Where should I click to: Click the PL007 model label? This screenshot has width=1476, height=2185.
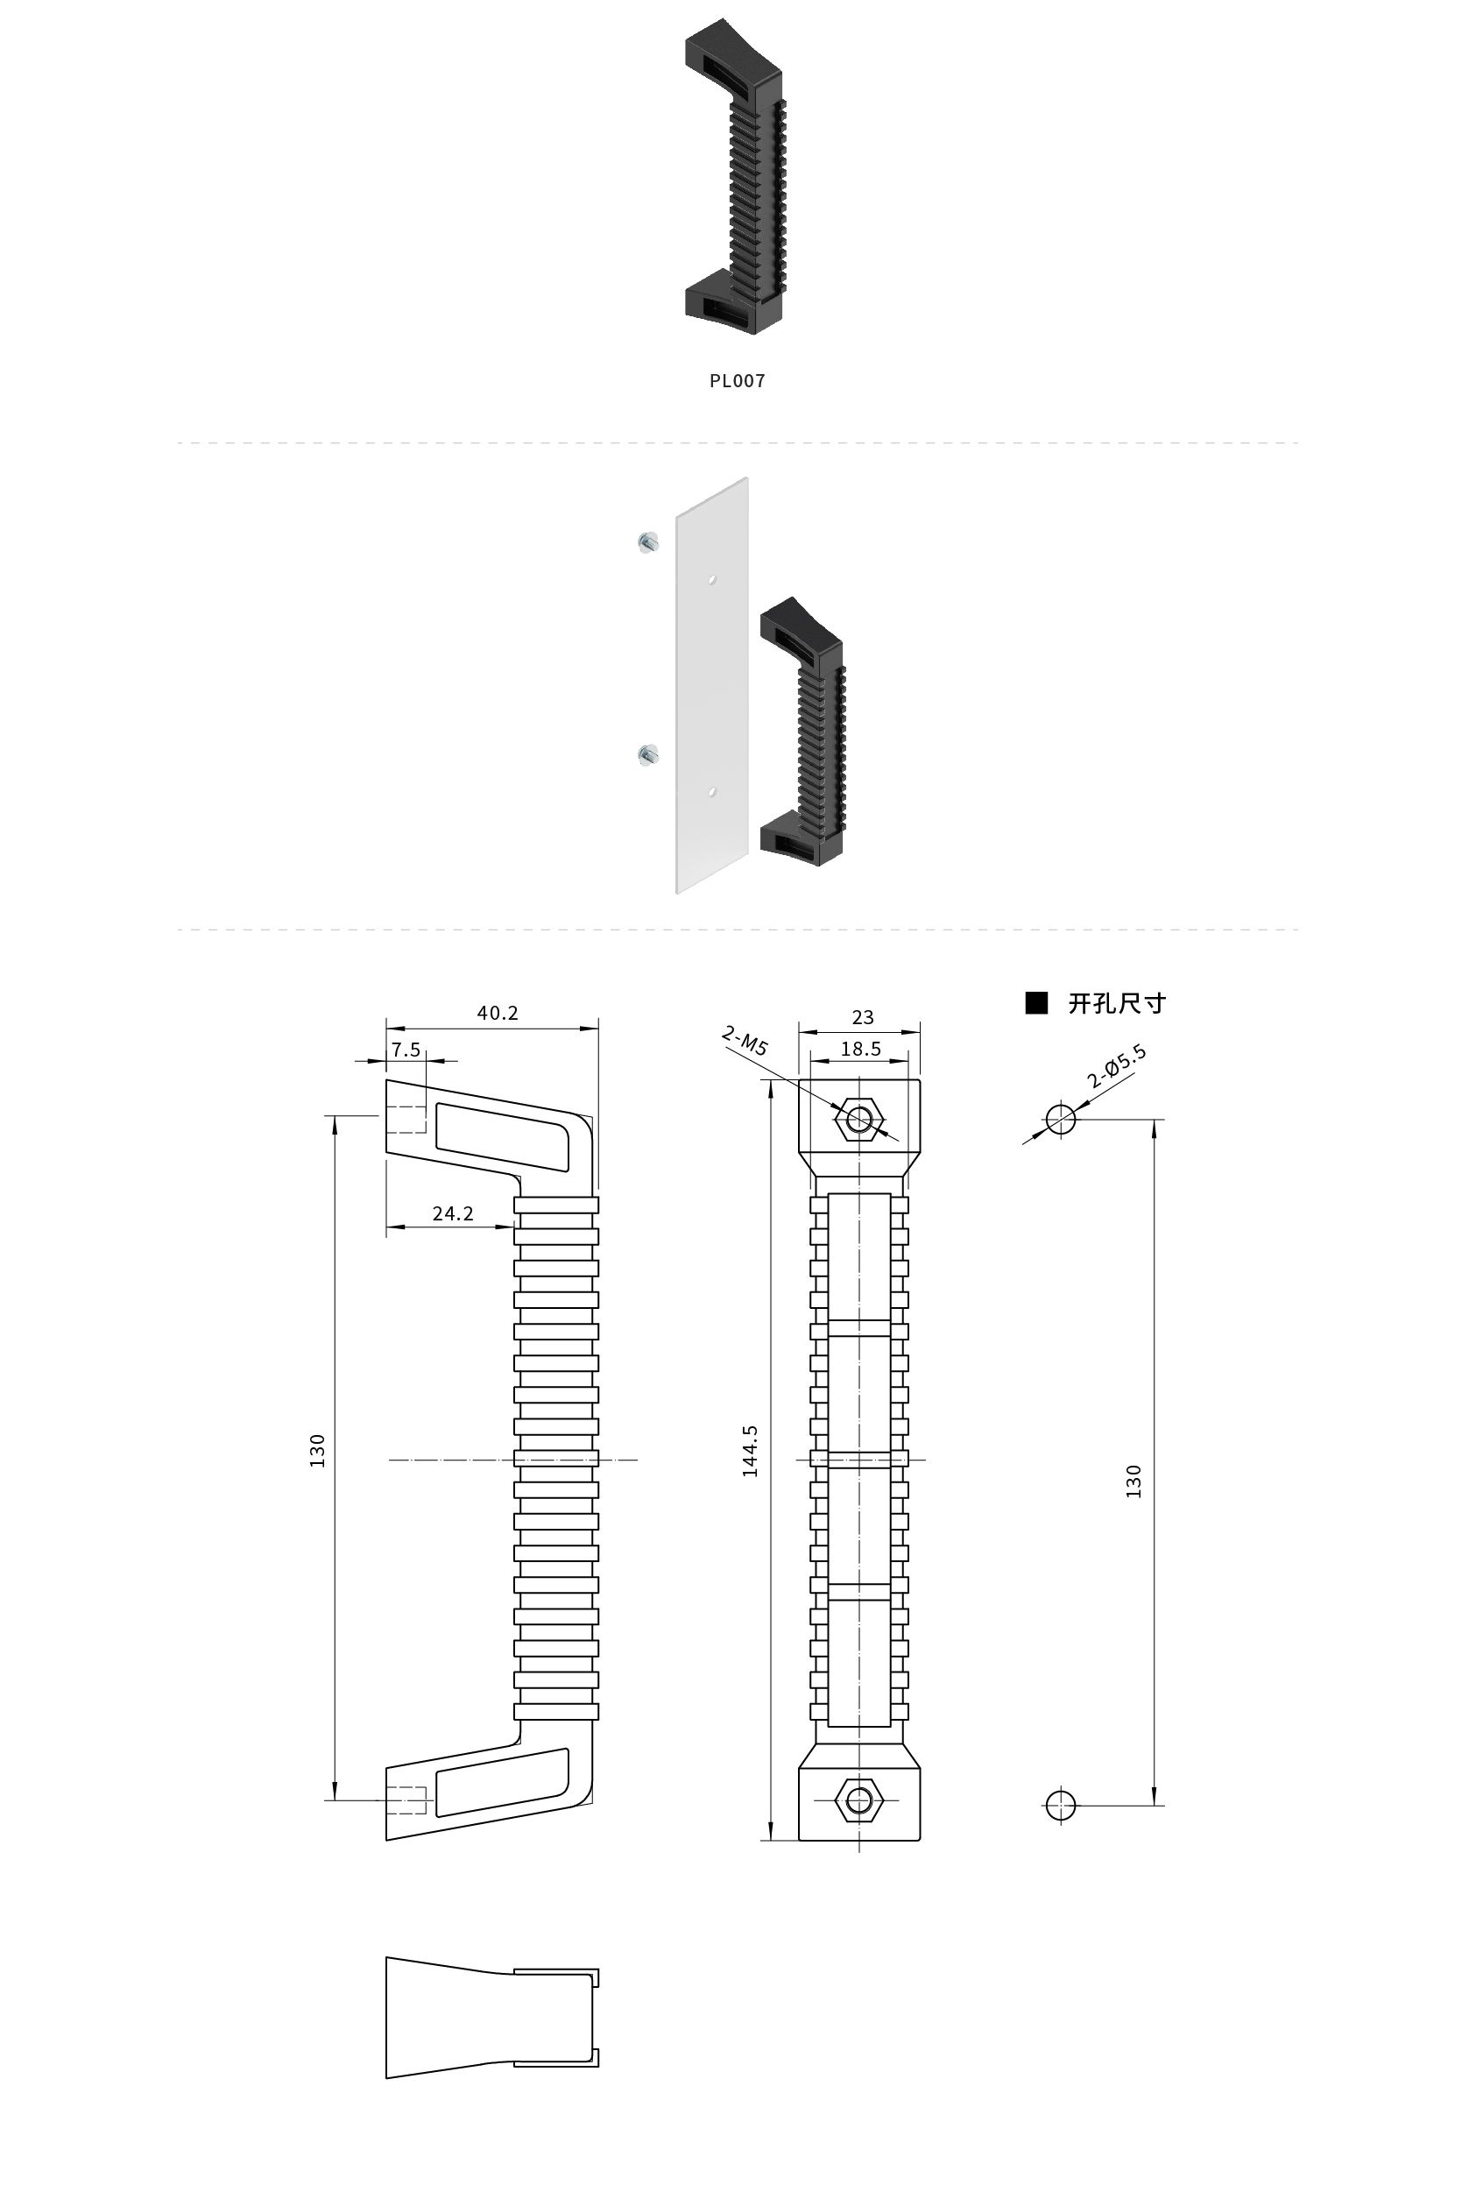pos(737,381)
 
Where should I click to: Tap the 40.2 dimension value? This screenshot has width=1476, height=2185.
pos(498,1013)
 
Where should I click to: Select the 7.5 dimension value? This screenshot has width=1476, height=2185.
pos(406,1050)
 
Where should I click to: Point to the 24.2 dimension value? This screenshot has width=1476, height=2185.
pos(452,1213)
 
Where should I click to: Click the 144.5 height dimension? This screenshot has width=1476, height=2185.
pos(749,1451)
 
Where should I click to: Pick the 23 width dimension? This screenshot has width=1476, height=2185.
pos(862,1016)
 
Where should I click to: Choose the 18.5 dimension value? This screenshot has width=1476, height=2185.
pos(860,1049)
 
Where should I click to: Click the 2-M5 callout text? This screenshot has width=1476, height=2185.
pos(745,1041)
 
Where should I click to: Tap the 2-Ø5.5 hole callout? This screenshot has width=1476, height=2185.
pos(1117,1066)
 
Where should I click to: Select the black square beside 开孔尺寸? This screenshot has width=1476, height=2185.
pos(1036,1003)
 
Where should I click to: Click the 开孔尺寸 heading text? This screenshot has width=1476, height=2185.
pos(1117,1003)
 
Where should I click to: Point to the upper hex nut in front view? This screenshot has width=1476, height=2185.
pos(859,1120)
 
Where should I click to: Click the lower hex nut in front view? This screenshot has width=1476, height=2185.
pos(859,1800)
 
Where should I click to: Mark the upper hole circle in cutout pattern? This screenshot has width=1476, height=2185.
pos(1061,1119)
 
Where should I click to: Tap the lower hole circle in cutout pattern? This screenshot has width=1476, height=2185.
pos(1061,1805)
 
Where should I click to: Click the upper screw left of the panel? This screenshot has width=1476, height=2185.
pos(647,542)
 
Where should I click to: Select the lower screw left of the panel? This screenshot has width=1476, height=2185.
pos(647,755)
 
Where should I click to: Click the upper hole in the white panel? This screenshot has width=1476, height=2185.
pos(713,579)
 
